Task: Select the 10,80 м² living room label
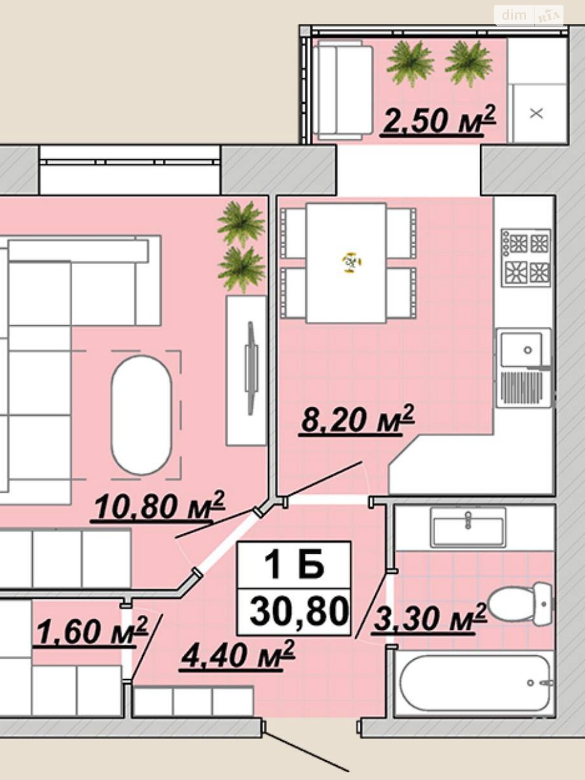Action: [157, 507]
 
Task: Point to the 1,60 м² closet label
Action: [91, 631]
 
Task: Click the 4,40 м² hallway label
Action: [237, 655]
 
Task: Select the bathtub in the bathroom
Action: [476, 683]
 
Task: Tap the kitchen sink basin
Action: [522, 350]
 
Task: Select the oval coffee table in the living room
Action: [141, 415]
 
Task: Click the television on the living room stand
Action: [252, 368]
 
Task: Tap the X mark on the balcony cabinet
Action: [536, 114]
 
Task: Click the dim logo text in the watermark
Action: [514, 15]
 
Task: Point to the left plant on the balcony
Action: [410, 64]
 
